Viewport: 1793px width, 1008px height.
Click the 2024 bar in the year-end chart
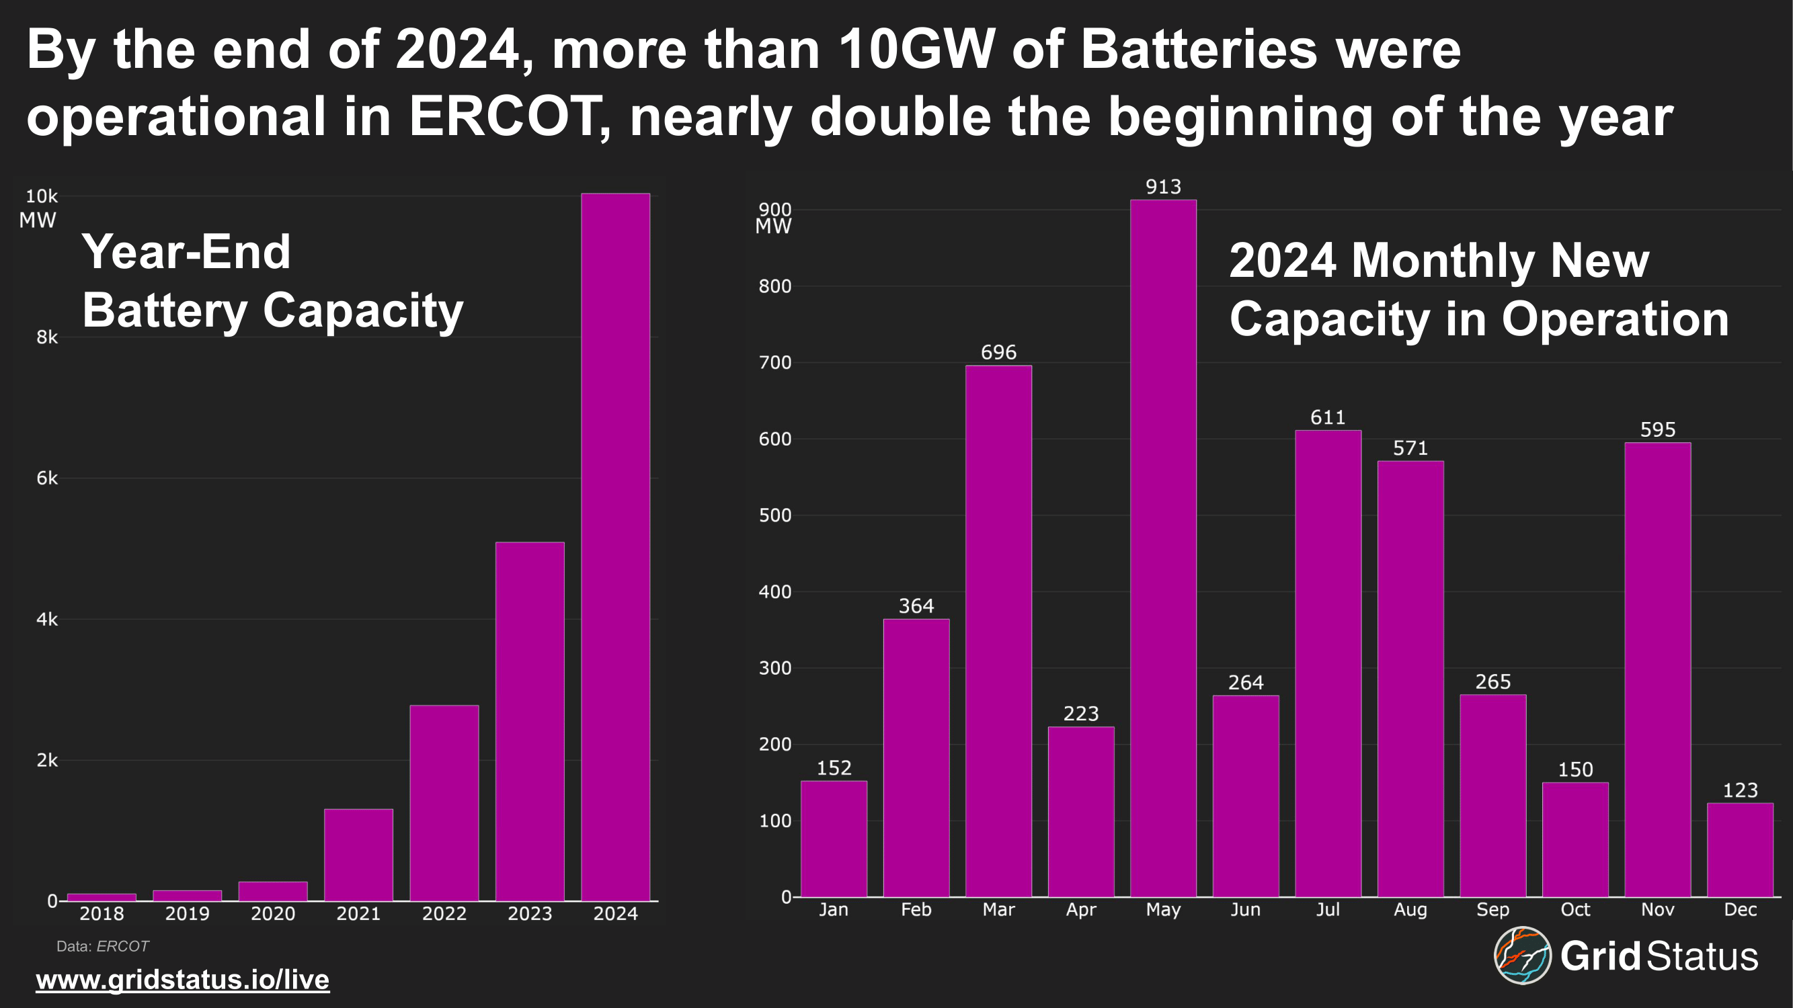click(x=615, y=547)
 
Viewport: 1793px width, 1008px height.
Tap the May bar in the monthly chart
click(x=1163, y=548)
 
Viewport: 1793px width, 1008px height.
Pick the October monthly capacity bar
click(x=1575, y=839)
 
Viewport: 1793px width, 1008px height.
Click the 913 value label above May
click(x=1163, y=186)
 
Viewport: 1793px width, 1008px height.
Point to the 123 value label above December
click(x=1740, y=790)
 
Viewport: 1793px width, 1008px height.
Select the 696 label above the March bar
click(x=998, y=352)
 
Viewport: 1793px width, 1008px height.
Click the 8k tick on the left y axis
click(x=46, y=337)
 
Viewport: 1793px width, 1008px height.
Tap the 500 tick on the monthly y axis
click(x=774, y=515)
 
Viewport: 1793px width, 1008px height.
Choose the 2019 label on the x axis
click(x=188, y=913)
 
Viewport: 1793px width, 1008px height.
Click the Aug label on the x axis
click(x=1410, y=909)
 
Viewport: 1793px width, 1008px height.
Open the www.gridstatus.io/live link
click(x=182, y=980)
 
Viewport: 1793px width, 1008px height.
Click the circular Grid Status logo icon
click(x=1522, y=955)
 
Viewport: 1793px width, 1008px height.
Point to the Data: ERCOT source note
click(x=102, y=946)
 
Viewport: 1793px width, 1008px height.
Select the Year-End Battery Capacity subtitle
click(x=272, y=280)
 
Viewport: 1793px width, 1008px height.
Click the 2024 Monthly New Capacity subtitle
click(x=1478, y=289)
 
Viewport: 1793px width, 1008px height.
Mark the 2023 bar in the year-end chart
click(x=530, y=720)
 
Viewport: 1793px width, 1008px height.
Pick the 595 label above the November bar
click(x=1657, y=429)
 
